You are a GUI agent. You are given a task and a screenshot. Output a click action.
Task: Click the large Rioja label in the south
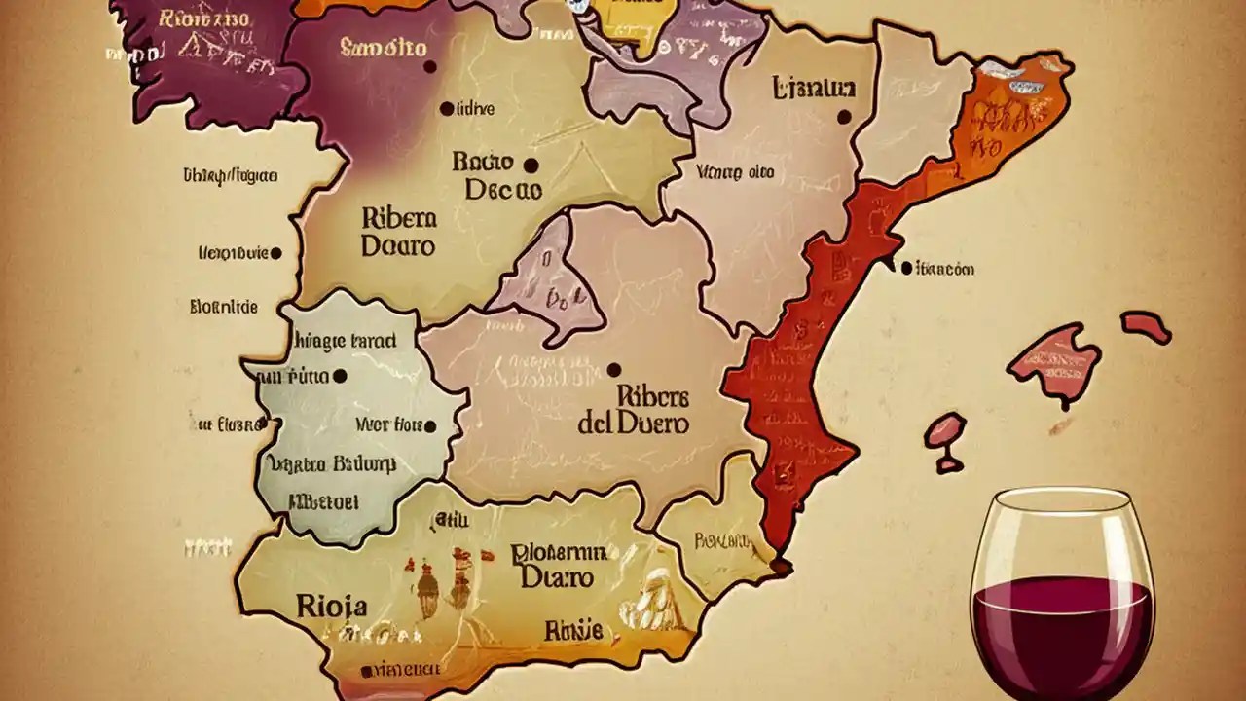[331, 607]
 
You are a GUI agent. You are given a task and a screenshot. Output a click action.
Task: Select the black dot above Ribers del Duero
[613, 370]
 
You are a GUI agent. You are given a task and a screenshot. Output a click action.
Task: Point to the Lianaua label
[814, 89]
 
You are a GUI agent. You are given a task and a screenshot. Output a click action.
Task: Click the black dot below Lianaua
[844, 117]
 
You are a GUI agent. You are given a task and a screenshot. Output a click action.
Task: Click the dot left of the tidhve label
[447, 109]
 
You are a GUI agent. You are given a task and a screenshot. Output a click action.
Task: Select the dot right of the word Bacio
[531, 165]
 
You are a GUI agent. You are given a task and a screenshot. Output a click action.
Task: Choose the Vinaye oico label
[736, 172]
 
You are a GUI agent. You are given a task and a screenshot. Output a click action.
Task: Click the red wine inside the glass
[1062, 623]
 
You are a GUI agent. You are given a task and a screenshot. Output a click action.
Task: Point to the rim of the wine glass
[1063, 496]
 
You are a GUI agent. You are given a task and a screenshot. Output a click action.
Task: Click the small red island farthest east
[1145, 326]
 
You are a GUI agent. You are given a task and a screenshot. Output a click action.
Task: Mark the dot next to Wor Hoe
[429, 426]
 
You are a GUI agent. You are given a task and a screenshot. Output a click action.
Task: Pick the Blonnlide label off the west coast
[224, 307]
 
